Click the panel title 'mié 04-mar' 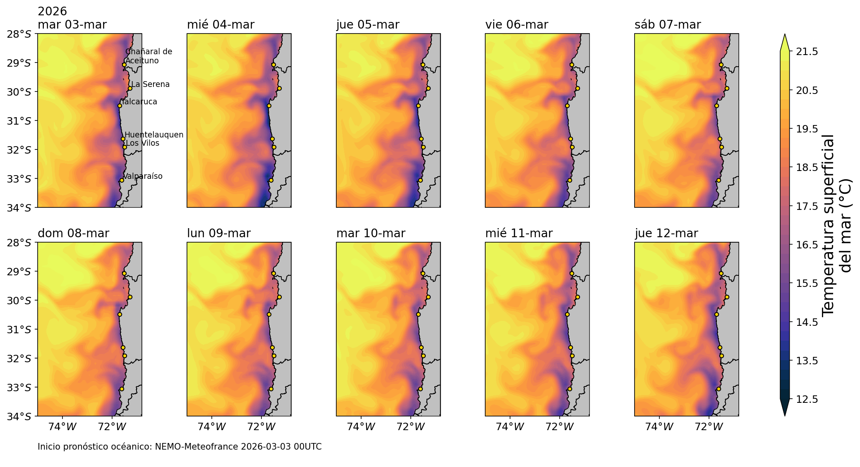point(220,25)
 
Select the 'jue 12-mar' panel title point(666,233)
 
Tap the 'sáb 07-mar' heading point(667,25)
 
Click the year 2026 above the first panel point(52,12)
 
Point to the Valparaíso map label point(143,176)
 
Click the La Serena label point(150,84)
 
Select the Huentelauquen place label point(154,135)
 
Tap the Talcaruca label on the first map point(139,102)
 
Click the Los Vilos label point(142,143)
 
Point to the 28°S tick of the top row point(19,34)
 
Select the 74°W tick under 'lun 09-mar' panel point(212,427)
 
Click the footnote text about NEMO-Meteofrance point(180,447)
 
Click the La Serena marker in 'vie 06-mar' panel point(577,88)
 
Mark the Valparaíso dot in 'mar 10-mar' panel point(420,389)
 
